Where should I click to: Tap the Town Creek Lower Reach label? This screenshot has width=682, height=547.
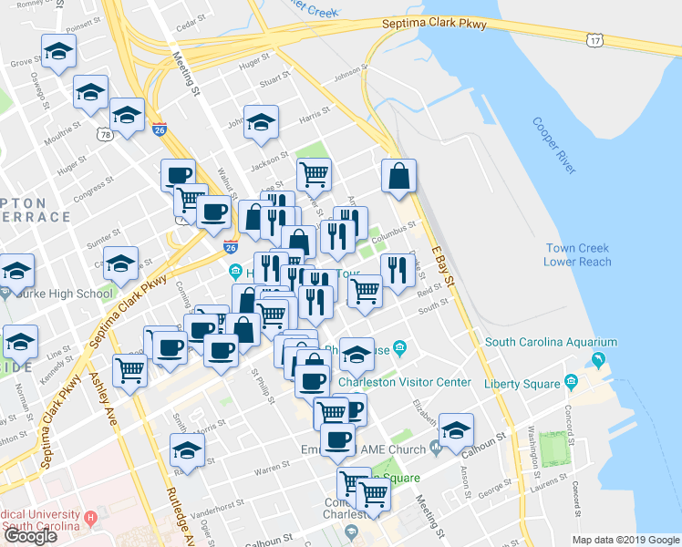pyautogui.click(x=583, y=255)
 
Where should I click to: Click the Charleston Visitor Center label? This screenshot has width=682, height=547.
pyautogui.click(x=405, y=382)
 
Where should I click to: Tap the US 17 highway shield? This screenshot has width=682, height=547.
pyautogui.click(x=594, y=41)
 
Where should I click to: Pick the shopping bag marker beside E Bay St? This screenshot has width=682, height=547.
pyautogui.click(x=399, y=176)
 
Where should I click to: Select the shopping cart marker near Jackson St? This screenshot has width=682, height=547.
pyautogui.click(x=314, y=173)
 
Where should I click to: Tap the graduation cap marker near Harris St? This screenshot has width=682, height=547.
pyautogui.click(x=261, y=123)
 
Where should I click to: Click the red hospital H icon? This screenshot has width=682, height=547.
pyautogui.click(x=90, y=518)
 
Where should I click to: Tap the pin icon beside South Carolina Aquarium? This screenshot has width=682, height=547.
pyautogui.click(x=598, y=357)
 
